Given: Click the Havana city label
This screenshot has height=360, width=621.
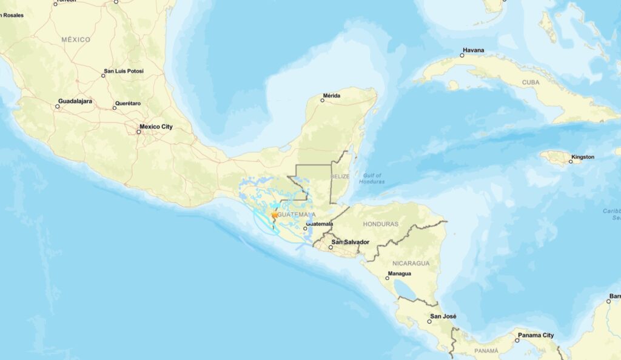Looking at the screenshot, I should coord(474,50).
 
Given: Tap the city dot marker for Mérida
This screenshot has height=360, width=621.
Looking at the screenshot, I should coord(323,101).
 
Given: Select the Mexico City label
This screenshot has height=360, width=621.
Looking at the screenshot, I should coord(156,127).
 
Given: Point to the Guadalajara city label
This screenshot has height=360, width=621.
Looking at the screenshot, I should coord(75,101).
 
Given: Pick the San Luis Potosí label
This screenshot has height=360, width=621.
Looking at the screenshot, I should coord(124,71).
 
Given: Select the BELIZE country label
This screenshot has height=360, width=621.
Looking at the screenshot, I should coord(341,176).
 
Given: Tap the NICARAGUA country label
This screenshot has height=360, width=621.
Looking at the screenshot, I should coord(411,263).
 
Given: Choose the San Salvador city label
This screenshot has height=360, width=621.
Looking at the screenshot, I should coord(351,242).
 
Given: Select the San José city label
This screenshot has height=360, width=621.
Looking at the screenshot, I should coord(443,316).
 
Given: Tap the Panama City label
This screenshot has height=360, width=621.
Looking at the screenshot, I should coord(535,335).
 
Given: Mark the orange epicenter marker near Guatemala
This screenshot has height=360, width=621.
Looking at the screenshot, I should coord(274,215).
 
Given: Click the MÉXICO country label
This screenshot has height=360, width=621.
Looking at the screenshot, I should coord(76,39).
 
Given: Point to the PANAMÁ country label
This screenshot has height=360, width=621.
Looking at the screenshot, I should coord(486,351).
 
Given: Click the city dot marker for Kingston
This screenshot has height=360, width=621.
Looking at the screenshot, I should coord(571,161).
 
